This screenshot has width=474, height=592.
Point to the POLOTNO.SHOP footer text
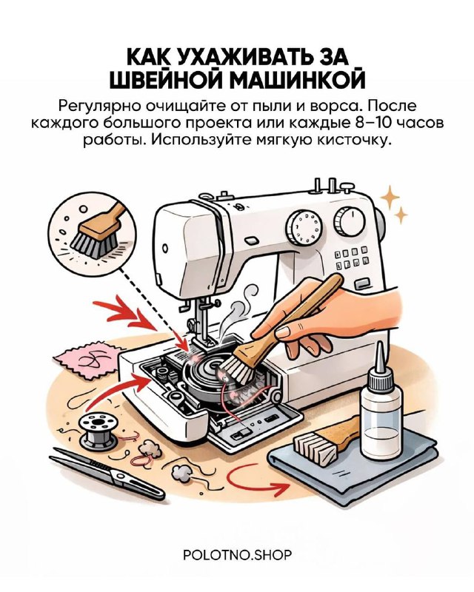point(238,555)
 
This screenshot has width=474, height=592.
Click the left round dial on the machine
point(304,228)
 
